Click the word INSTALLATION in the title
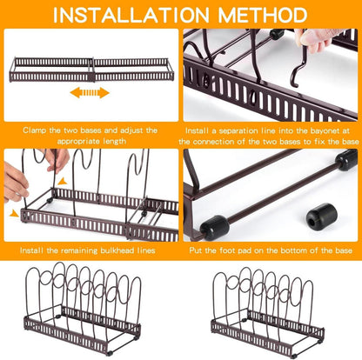[131, 15]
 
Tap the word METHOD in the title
[263, 15]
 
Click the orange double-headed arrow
[90, 93]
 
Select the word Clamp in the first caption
[34, 130]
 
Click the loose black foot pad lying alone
[322, 217]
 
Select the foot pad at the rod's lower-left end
[215, 227]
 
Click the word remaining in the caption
[79, 250]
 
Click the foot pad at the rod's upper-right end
[346, 159]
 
